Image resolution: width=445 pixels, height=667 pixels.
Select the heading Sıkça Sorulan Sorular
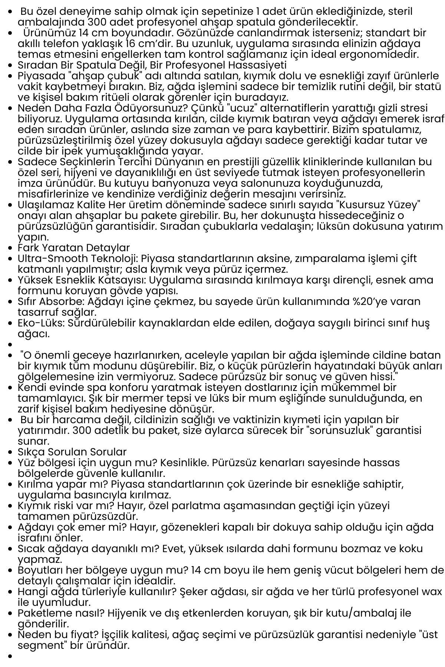(x=72, y=452)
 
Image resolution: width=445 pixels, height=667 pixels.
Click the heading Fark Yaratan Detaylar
(x=74, y=248)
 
